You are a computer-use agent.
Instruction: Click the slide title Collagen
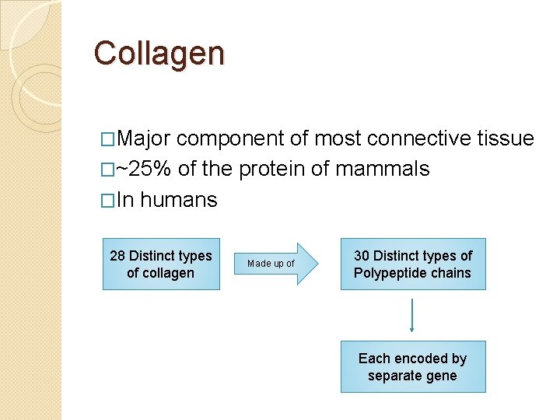(159, 54)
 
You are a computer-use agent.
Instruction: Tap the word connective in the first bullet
(418, 139)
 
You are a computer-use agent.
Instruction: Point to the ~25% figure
(144, 170)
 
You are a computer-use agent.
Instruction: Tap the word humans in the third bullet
(179, 200)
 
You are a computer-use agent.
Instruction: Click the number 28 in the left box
(117, 256)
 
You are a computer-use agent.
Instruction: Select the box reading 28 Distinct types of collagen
(161, 264)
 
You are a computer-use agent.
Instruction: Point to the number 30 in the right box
(362, 256)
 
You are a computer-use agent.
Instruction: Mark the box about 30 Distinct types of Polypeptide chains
(412, 264)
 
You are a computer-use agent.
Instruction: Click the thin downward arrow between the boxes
(412, 315)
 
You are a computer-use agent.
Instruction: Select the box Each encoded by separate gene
(412, 366)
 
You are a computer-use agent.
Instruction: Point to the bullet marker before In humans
(108, 201)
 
